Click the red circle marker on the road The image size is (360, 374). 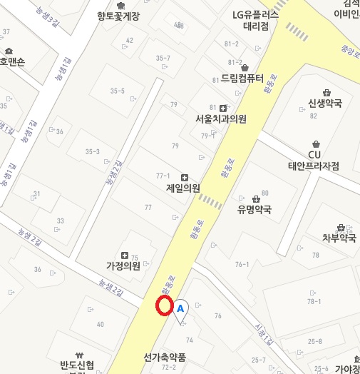click(x=165, y=305)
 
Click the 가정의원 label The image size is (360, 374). click(x=123, y=266)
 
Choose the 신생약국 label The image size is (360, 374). click(x=325, y=103)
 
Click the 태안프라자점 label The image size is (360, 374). click(x=313, y=166)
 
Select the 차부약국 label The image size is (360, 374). click(x=339, y=238)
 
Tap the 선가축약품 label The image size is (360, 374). click(x=164, y=358)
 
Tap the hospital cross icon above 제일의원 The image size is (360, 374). click(x=185, y=177)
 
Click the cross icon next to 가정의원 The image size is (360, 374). click(x=125, y=256)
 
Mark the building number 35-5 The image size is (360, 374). click(x=117, y=91)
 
